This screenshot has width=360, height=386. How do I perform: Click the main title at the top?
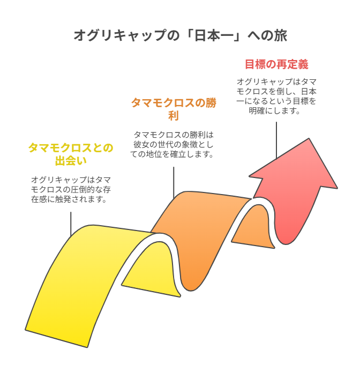click(x=181, y=35)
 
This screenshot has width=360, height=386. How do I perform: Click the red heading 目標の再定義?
click(x=276, y=64)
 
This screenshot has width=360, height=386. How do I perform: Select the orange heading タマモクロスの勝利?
click(x=174, y=109)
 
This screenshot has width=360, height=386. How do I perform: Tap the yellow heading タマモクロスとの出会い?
click(x=71, y=154)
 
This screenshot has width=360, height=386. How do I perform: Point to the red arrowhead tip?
click(x=309, y=139)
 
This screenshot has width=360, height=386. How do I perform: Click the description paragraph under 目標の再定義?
click(x=276, y=96)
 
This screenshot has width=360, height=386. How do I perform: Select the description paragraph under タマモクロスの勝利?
click(x=172, y=145)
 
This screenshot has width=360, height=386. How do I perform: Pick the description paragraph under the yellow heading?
click(x=71, y=189)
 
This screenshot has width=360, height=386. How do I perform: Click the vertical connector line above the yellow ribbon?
click(x=71, y=224)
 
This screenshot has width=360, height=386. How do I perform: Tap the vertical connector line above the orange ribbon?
click(x=174, y=182)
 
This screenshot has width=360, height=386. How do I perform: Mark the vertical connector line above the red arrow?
click(x=276, y=140)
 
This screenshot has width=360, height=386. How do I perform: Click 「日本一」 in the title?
click(x=214, y=35)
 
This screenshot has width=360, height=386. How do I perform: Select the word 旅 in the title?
click(x=281, y=35)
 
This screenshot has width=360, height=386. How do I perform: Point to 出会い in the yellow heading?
click(x=71, y=161)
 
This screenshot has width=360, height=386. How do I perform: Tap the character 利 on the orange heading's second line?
click(x=174, y=116)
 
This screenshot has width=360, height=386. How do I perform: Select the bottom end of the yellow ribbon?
click(x=57, y=338)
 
